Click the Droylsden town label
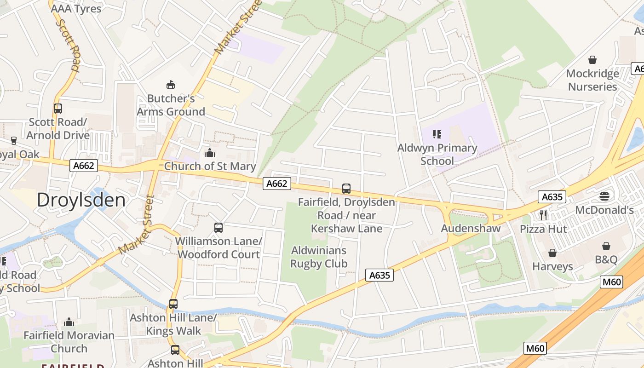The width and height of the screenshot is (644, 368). [x=81, y=200]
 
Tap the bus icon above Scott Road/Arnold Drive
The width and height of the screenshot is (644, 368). [x=57, y=109]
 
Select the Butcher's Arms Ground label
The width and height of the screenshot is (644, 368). [x=171, y=105]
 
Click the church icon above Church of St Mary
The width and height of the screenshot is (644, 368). [x=210, y=153]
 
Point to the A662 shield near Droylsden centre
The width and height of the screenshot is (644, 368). [x=84, y=166]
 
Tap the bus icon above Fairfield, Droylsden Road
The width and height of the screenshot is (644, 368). [x=346, y=188]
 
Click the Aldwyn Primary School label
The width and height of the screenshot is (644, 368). [x=437, y=155]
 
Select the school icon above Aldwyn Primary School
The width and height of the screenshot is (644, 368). [x=437, y=134]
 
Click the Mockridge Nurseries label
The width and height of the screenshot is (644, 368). [x=592, y=80]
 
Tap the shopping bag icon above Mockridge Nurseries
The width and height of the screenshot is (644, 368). [x=592, y=60]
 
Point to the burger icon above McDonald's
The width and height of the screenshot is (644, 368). [x=604, y=196]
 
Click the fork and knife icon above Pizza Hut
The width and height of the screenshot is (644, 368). [x=543, y=215]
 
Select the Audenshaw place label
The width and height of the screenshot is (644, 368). [x=471, y=228]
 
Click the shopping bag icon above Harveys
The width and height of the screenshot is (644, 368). [x=552, y=253]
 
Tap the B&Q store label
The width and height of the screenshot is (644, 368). [x=606, y=260]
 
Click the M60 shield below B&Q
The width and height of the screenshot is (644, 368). [x=611, y=282]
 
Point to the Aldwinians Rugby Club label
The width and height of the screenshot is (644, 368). [x=319, y=257]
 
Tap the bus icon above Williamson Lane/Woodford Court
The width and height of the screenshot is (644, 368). [x=218, y=227]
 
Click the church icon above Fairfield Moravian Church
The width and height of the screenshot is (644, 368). [x=69, y=322]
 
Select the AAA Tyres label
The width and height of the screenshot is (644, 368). [x=76, y=8]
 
